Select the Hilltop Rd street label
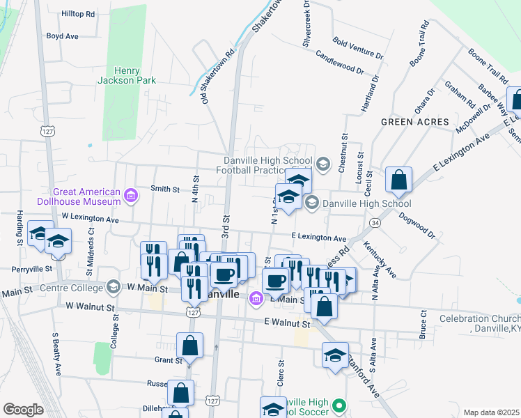(78, 14)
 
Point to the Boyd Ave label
(62, 36)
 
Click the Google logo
(22, 410)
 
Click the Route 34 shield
(375, 222)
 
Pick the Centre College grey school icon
(112, 287)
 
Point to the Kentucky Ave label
(380, 259)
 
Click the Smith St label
(166, 189)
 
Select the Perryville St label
(32, 268)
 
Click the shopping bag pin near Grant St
(189, 346)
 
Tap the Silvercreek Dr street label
(306, 24)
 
